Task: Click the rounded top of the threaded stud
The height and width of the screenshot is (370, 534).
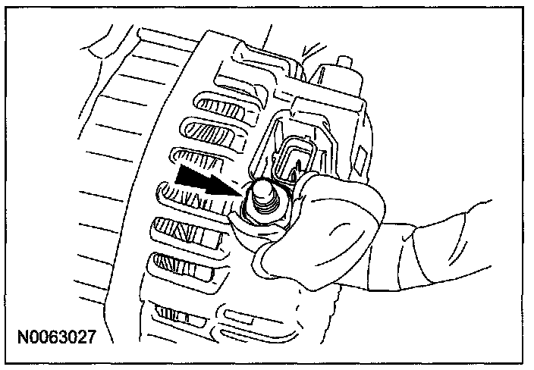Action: tap(264, 187)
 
